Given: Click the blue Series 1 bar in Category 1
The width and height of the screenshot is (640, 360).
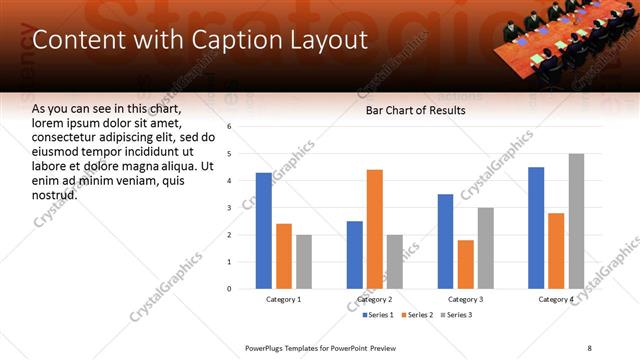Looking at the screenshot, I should pyautogui.click(x=264, y=231).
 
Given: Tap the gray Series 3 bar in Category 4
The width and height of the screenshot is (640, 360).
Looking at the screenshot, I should pyautogui.click(x=576, y=221).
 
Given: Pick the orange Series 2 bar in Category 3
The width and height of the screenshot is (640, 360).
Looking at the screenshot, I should pyautogui.click(x=465, y=264).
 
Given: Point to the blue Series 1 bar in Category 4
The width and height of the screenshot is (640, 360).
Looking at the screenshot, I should pyautogui.click(x=536, y=228).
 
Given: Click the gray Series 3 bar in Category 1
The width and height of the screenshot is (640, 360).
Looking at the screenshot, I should pyautogui.click(x=303, y=262).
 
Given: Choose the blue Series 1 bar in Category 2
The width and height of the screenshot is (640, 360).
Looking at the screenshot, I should pyautogui.click(x=355, y=255).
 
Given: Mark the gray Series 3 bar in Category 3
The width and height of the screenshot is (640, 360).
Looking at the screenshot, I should pyautogui.click(x=485, y=248).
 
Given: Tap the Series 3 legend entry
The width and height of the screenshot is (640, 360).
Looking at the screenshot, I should pyautogui.click(x=458, y=315).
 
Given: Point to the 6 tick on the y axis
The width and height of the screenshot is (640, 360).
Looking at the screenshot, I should pyautogui.click(x=229, y=127).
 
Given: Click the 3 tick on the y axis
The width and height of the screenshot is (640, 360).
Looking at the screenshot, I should pyautogui.click(x=229, y=208).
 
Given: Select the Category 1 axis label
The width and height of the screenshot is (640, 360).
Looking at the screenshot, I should pyautogui.click(x=284, y=299).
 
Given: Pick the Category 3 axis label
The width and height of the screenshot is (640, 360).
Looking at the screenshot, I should pyautogui.click(x=465, y=299).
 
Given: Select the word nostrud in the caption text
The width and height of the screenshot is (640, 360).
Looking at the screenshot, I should pyautogui.click(x=54, y=194).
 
